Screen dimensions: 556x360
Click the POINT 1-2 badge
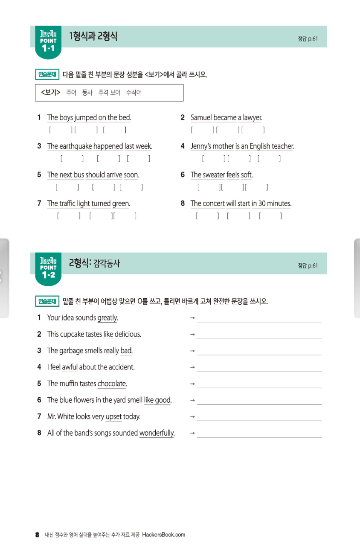48,268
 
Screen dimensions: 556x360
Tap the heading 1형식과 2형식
93,36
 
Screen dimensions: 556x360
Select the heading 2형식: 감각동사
94,263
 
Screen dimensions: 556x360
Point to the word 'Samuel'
201,117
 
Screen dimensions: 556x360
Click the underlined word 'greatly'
107,318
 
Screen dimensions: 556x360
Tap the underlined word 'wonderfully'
157,433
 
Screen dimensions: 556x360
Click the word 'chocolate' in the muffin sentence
112,384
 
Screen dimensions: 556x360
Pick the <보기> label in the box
50,92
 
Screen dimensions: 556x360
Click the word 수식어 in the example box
134,92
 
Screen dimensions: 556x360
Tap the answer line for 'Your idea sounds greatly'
259,321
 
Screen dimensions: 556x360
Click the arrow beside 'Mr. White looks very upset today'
192,416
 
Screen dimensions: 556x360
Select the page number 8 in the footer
38,535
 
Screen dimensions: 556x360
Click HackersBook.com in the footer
164,535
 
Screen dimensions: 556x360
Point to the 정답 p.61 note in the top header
308,39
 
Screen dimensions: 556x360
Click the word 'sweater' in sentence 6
214,175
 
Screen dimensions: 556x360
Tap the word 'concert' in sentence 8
214,204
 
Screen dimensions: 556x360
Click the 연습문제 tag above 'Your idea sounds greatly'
47,302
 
